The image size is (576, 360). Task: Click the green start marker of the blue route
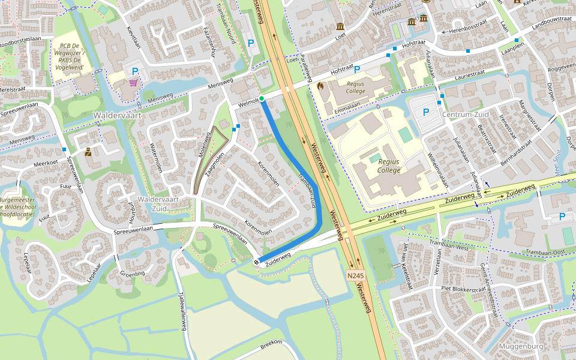262,98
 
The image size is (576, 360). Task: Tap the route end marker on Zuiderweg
256,262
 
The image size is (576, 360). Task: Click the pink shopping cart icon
133,83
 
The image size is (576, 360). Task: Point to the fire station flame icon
320,86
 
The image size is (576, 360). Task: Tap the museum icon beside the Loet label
340,26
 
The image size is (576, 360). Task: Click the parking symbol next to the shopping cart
135,71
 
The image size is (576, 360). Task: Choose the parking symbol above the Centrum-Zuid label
426,112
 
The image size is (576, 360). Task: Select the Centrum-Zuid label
464,114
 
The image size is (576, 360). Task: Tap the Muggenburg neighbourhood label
521,347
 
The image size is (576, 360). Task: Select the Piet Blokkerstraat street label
463,289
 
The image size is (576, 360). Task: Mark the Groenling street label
132,273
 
